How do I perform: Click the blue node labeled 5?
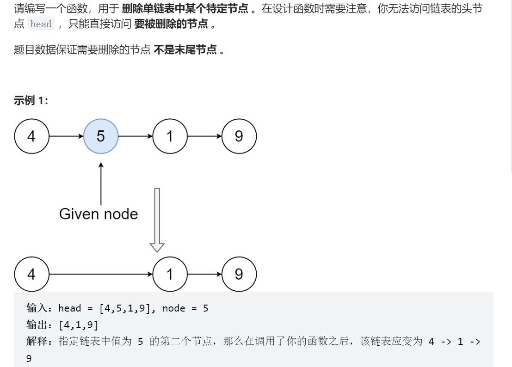101,136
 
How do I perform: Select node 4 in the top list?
31,136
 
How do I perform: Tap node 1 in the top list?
170,136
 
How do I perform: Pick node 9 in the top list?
239,136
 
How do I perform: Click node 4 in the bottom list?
31,275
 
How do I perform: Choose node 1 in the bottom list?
170,275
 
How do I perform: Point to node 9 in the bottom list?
239,275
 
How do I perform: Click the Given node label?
99,214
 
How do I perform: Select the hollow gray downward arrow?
157,220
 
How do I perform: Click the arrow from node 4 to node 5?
66,136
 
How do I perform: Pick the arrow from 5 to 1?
135,136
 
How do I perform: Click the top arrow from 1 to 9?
204,136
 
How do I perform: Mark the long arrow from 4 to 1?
100,275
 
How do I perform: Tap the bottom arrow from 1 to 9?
204,275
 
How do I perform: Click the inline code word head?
41,24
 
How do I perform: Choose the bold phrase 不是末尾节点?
185,50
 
